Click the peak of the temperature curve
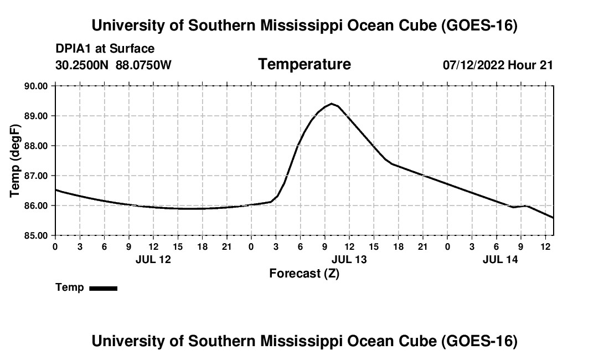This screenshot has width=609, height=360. pyautogui.click(x=331, y=104)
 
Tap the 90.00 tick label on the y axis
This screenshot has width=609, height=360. pyautogui.click(x=36, y=86)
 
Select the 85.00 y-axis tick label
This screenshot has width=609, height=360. pyautogui.click(x=36, y=236)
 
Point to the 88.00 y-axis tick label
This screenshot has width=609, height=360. pyautogui.click(x=36, y=146)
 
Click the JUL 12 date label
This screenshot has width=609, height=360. pyautogui.click(x=153, y=259)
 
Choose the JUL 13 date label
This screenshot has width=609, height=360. pyautogui.click(x=349, y=259)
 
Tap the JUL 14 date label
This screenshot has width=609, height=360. pyautogui.click(x=500, y=259)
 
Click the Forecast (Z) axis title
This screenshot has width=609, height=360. pyautogui.click(x=304, y=274)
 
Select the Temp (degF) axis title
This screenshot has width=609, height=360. pyautogui.click(x=15, y=161)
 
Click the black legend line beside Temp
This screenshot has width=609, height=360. pyautogui.click(x=104, y=288)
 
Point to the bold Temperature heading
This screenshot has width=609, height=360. pyautogui.click(x=304, y=64)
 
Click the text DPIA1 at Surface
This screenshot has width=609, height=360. pyautogui.click(x=105, y=49)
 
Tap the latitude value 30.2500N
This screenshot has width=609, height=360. pyautogui.click(x=82, y=65)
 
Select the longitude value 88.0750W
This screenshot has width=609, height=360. pyautogui.click(x=143, y=65)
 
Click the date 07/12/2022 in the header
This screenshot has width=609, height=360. pyautogui.click(x=473, y=65)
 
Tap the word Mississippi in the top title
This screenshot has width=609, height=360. pyautogui.click(x=301, y=25)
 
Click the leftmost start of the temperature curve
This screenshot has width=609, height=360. pyautogui.click(x=56, y=190)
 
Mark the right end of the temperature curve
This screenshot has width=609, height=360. pyautogui.click(x=553, y=218)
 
